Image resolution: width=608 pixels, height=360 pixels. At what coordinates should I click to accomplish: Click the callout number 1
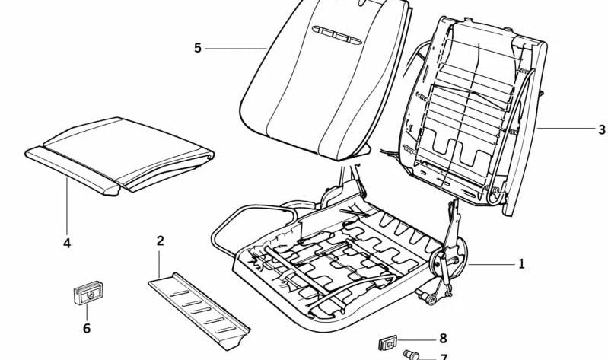click(x=521, y=264)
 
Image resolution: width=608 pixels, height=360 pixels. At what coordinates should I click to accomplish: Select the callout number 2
click(x=160, y=241)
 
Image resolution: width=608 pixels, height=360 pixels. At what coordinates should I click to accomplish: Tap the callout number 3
click(x=601, y=129)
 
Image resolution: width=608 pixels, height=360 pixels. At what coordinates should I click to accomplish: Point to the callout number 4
click(x=67, y=244)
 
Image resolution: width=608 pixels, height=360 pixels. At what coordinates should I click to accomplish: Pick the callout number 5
click(x=198, y=48)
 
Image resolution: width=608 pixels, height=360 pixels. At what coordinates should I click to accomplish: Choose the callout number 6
click(x=87, y=328)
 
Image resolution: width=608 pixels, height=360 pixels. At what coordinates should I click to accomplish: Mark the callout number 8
click(x=443, y=339)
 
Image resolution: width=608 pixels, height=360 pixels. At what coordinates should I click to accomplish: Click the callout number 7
click(x=444, y=357)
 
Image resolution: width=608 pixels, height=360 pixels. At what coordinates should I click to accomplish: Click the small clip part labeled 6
click(x=88, y=292)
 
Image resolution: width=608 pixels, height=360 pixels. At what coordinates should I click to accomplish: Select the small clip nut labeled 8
click(x=387, y=343)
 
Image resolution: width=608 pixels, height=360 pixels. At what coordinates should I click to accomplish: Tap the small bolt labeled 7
click(x=411, y=355)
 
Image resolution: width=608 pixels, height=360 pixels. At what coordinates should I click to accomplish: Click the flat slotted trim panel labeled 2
click(x=199, y=311)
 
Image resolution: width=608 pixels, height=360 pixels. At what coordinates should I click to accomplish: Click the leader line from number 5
click(x=236, y=49)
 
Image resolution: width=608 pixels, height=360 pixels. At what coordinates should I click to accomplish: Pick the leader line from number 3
click(x=565, y=128)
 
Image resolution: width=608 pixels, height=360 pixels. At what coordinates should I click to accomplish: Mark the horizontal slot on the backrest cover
click(x=336, y=35)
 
